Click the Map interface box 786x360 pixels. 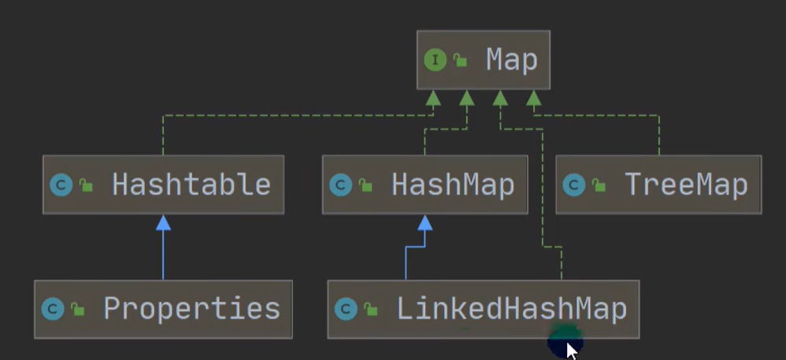[483, 60]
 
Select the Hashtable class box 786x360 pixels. [163, 185]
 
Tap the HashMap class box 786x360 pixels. [425, 185]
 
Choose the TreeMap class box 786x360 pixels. [658, 185]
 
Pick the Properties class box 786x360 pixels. [163, 309]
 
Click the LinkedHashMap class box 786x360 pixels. [483, 309]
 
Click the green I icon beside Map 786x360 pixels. [435, 60]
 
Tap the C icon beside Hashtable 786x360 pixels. [61, 185]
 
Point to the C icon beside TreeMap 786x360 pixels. [574, 185]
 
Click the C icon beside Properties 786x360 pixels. [53, 309]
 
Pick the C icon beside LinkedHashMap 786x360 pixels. [346, 309]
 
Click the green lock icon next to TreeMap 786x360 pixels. [600, 186]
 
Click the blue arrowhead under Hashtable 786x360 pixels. [163, 223]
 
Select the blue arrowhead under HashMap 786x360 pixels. [425, 223]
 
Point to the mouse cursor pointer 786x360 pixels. [571, 349]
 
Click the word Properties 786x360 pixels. [191, 309]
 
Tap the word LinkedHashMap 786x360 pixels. [511, 309]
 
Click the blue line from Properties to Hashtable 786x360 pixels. [163, 256]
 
